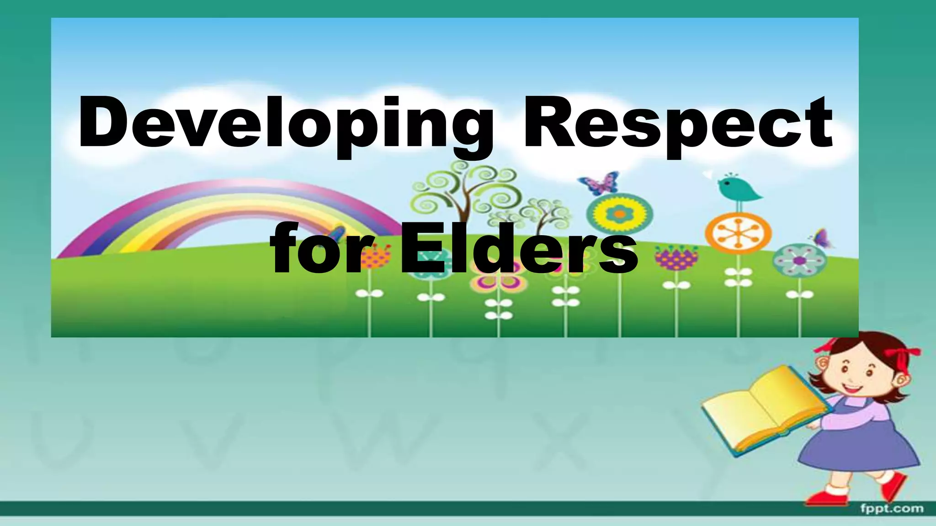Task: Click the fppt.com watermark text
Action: [892, 508]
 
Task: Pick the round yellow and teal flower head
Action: [619, 214]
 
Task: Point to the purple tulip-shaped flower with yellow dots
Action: [676, 258]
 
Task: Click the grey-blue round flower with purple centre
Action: [799, 261]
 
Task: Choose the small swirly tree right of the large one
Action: [546, 215]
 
